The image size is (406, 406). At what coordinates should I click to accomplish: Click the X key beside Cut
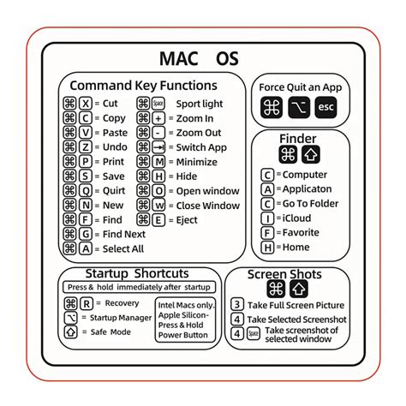pos(86,103)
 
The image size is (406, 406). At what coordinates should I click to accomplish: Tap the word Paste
pos(114,133)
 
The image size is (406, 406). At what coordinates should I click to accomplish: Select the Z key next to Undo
pos(86,147)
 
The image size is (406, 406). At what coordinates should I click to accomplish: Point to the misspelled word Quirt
pos(115,191)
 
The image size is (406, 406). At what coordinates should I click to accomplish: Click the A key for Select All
pos(86,249)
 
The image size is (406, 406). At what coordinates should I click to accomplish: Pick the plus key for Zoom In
pos(158,118)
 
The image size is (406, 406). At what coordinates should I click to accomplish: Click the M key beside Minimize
pos(158,162)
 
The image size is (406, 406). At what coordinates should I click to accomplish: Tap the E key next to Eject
pos(158,220)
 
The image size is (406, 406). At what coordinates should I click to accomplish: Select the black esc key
pos(325,108)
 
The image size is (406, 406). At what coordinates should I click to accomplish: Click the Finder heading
pos(297,139)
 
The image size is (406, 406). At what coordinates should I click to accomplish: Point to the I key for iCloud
pos(268,218)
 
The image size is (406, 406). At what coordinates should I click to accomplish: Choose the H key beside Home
pos(268,248)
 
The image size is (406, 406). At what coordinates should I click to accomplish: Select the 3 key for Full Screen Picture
pos(237,305)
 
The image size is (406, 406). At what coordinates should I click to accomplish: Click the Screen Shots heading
pos(284,275)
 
